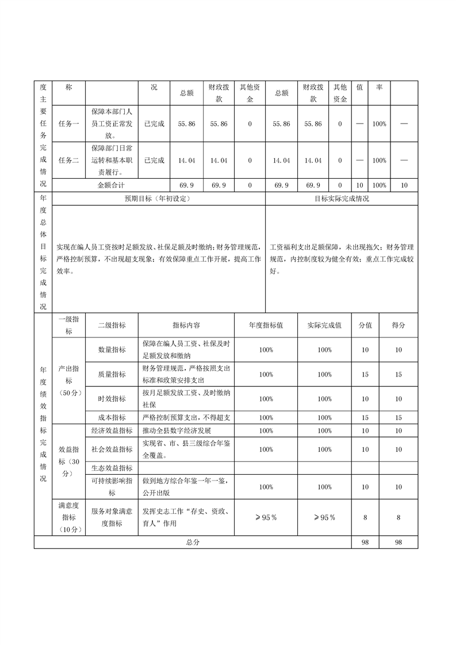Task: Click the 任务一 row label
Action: point(68,124)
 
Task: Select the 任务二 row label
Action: point(68,160)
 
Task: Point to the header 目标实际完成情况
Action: point(342,199)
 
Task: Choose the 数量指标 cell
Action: point(112,350)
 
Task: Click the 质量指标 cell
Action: point(112,374)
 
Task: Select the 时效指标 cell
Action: point(112,399)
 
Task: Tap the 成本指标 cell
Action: point(112,418)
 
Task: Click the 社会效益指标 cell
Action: point(112,450)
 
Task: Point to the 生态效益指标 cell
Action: point(112,469)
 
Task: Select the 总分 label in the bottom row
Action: point(192,543)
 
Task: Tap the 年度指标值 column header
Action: point(266,325)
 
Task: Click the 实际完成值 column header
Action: point(324,325)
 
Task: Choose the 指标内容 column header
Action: point(186,325)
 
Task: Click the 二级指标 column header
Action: point(112,325)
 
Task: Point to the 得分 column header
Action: point(398,325)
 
